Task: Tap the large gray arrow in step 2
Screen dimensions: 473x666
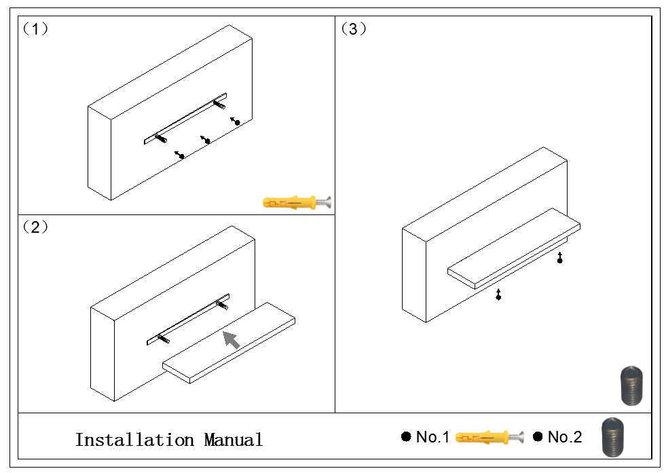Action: pyautogui.click(x=232, y=339)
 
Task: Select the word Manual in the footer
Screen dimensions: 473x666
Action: pyautogui.click(x=233, y=440)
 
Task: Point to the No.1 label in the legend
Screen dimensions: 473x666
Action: pyautogui.click(x=432, y=438)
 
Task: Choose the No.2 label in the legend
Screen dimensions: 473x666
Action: pyautogui.click(x=564, y=438)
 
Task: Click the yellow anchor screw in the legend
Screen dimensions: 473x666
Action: pyautogui.click(x=489, y=437)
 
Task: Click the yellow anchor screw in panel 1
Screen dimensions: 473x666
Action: pyautogui.click(x=297, y=201)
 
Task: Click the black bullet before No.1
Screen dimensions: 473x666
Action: pyautogui.click(x=406, y=437)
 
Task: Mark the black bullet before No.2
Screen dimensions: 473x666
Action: pyautogui.click(x=538, y=437)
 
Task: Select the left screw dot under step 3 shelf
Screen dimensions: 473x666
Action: pyautogui.click(x=499, y=297)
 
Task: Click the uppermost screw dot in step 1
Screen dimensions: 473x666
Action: pyautogui.click(x=237, y=122)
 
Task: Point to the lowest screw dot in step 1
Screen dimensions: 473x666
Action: pyautogui.click(x=182, y=157)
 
